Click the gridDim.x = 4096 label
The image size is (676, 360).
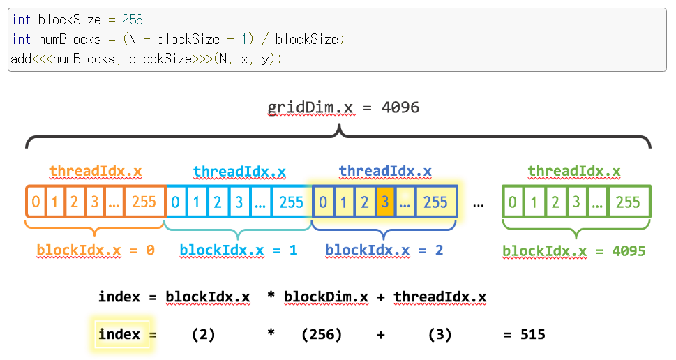click(343, 107)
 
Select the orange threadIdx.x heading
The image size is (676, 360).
click(96, 171)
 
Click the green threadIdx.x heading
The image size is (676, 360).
click(574, 171)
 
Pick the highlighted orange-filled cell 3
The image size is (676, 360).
click(384, 202)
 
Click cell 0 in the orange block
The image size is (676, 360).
click(36, 202)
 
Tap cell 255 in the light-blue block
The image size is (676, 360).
click(291, 202)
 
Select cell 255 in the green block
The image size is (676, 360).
click(628, 202)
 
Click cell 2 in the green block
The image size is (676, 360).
click(555, 202)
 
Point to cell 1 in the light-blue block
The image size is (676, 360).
click(197, 202)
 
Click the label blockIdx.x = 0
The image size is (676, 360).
click(96, 250)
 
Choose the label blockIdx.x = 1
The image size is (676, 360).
click(239, 250)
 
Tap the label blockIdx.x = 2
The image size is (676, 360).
click(384, 250)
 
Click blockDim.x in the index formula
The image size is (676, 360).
click(326, 297)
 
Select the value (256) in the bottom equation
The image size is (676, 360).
click(322, 335)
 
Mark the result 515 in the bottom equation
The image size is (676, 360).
click(533, 335)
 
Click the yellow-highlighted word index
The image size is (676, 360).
click(119, 335)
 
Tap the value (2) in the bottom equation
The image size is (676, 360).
click(203, 335)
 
